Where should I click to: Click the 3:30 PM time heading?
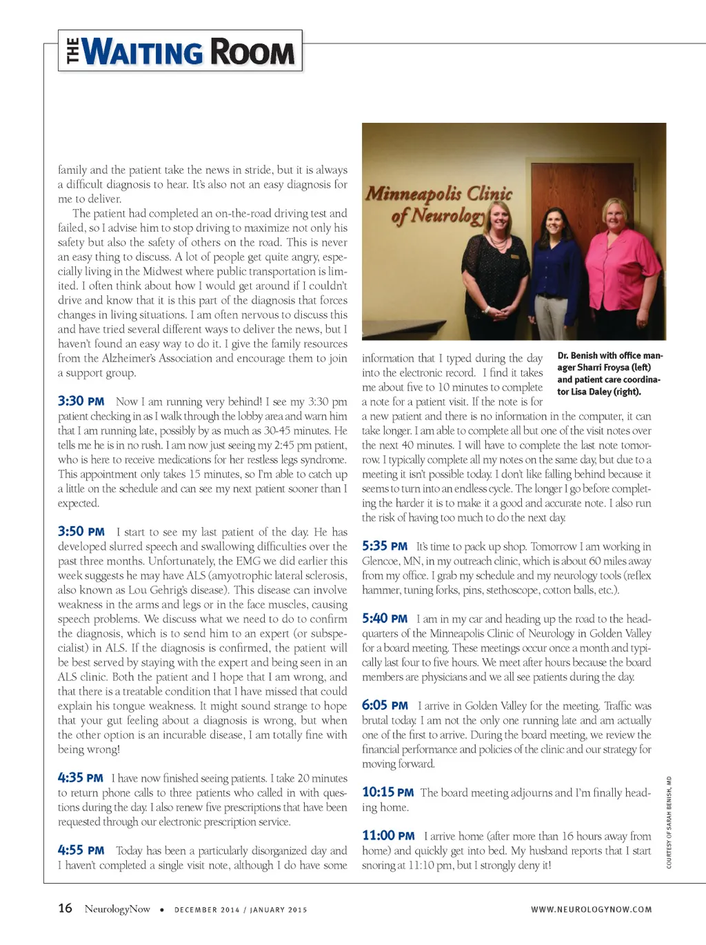coord(81,401)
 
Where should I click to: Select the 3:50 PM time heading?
coord(81,532)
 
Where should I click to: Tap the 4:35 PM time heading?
coord(80,778)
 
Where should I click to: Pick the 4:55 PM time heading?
coord(81,850)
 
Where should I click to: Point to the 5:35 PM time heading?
coord(385,546)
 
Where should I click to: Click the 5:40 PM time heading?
coord(385,619)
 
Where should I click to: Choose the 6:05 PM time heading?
coord(385,706)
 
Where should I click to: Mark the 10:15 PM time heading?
coord(387,793)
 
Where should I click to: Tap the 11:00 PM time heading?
coord(388,836)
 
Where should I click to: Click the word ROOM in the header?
coord(252,52)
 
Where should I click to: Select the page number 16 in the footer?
coord(65,908)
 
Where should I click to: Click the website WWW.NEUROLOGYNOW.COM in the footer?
coord(591,910)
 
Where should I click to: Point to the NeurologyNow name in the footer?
coord(117,909)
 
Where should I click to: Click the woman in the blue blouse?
coord(554,276)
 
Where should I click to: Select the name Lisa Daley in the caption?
coord(606,392)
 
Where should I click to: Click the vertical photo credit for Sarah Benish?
coord(669,822)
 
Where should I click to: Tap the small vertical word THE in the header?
coord(73,51)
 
